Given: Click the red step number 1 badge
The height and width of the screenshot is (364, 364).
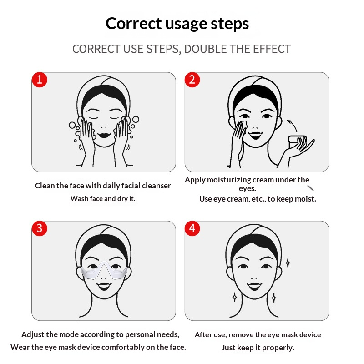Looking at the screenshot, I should [x=40, y=80].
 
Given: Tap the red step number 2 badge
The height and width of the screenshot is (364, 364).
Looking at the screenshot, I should [x=192, y=80].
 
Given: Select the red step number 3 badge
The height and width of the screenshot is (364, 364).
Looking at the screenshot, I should [x=40, y=228].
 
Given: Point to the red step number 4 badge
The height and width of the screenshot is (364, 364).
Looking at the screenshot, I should [x=192, y=228].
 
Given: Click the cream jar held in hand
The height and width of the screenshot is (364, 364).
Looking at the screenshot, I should [x=297, y=142].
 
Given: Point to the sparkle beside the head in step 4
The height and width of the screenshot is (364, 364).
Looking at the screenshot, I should [x=288, y=263].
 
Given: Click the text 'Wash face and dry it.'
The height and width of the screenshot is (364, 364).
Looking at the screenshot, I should [x=103, y=199].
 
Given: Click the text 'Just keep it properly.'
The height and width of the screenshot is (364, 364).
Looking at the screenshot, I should [x=258, y=348].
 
